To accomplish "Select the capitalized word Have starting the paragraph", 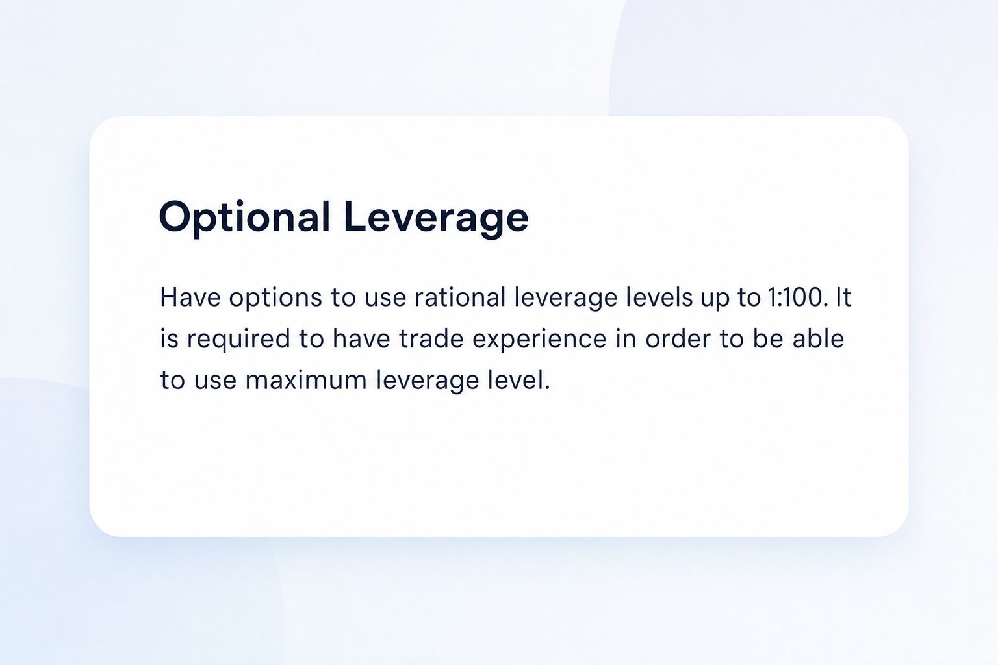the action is pyautogui.click(x=190, y=297).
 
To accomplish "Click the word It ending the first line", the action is pyautogui.click(x=843, y=297).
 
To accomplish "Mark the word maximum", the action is pyautogui.click(x=306, y=380).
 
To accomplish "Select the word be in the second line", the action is pyautogui.click(x=767, y=338).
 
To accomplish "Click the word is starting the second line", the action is pyautogui.click(x=170, y=338).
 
